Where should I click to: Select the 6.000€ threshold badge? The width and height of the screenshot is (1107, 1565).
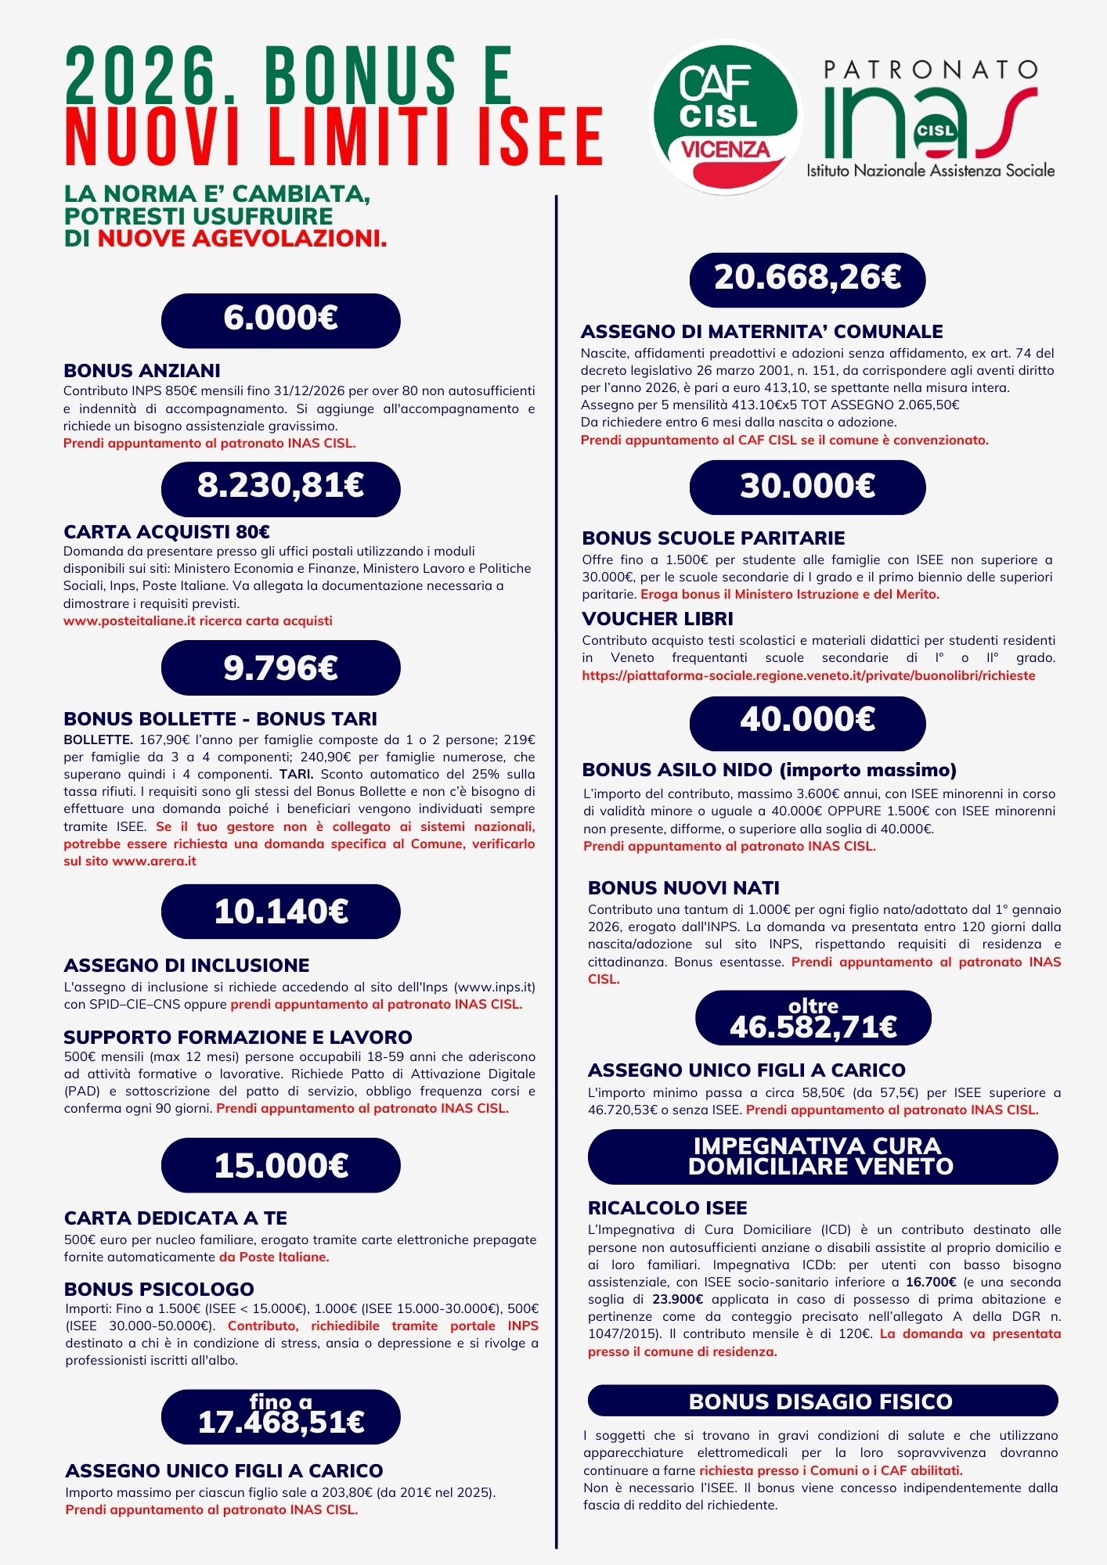pos(280,320)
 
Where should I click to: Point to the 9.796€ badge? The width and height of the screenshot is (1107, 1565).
pos(280,667)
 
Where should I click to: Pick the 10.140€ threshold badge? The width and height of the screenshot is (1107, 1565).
pos(280,912)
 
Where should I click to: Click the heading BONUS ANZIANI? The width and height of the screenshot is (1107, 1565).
pos(142,370)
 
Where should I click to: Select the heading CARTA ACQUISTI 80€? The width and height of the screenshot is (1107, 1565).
pos(167,532)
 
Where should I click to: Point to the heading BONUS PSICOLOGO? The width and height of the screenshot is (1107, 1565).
pos(159,1289)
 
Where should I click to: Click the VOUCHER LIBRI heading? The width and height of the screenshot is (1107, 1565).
pos(658,619)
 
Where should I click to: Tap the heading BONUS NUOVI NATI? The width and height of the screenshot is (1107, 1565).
pos(683,888)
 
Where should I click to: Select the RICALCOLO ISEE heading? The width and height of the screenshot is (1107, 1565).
pos(667,1207)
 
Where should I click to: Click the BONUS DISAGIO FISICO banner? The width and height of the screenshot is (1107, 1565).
pos(822,1400)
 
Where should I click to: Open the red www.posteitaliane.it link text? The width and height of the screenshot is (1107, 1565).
pos(198,621)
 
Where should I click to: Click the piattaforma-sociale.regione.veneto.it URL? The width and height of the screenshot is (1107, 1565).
pos(808,675)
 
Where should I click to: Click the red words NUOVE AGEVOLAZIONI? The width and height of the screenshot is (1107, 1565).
pos(242,238)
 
